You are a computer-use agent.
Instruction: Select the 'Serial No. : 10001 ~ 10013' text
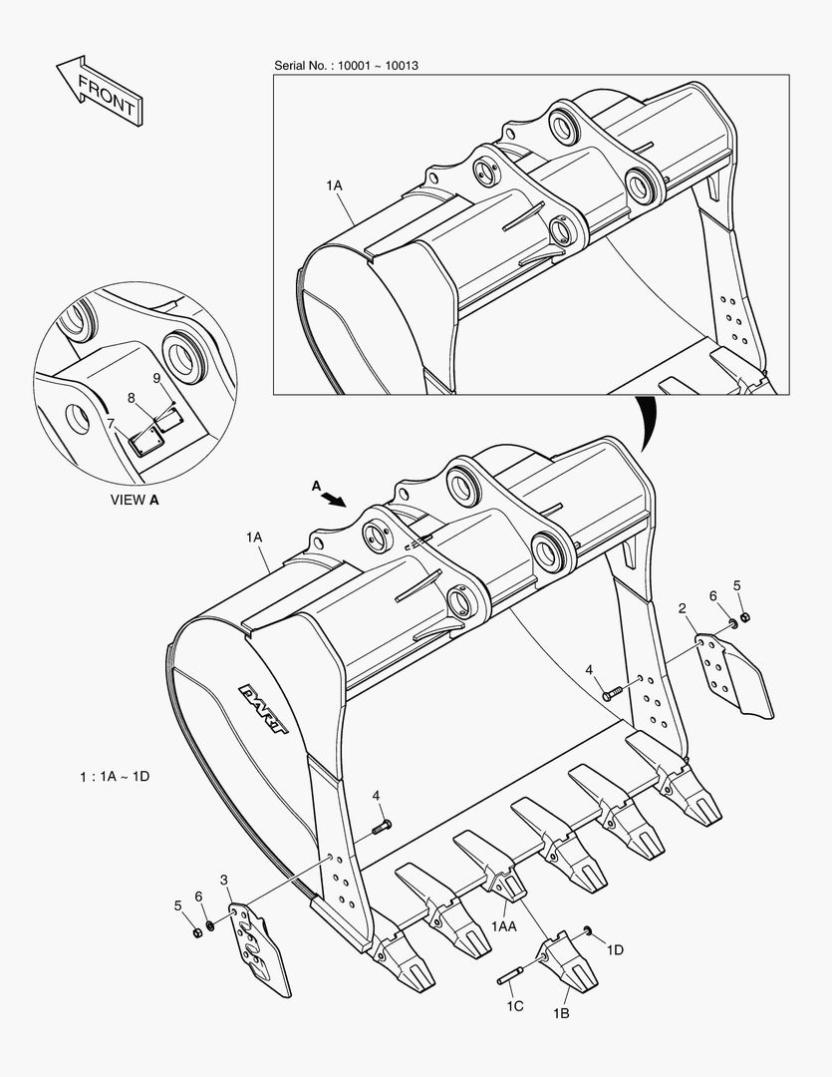click(346, 66)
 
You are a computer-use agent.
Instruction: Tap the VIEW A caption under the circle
click(134, 501)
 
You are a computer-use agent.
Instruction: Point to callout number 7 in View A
click(110, 423)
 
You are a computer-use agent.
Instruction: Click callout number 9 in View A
click(156, 378)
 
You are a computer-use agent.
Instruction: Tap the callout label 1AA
click(503, 926)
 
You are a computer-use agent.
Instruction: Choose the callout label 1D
click(614, 949)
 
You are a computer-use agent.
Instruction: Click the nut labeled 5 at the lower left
click(197, 931)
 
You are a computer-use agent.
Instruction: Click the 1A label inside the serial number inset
click(333, 185)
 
